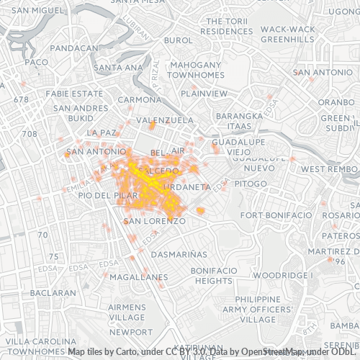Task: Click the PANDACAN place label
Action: pyautogui.click(x=75, y=48)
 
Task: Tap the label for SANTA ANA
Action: pyautogui.click(x=119, y=68)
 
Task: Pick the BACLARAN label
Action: pyautogui.click(x=53, y=293)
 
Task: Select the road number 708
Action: pyautogui.click(x=30, y=134)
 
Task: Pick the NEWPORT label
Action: pyautogui.click(x=131, y=332)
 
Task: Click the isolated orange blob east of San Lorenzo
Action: pyautogui.click(x=200, y=210)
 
